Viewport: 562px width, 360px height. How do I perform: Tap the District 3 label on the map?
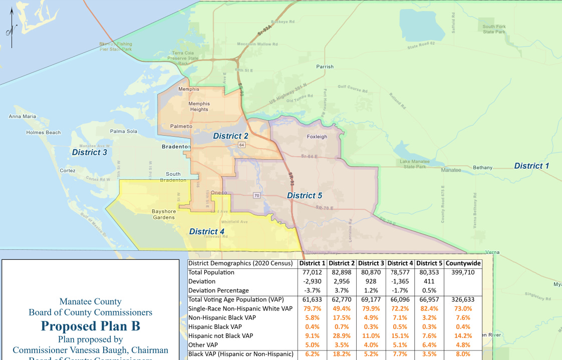89,152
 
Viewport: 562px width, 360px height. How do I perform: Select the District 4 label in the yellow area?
207,231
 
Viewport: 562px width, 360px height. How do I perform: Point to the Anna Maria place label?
23,117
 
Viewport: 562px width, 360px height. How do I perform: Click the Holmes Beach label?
44,133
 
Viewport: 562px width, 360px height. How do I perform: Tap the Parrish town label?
325,67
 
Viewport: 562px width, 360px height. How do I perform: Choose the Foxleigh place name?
316,136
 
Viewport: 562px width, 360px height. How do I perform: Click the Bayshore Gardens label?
164,214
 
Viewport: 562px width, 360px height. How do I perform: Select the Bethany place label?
482,168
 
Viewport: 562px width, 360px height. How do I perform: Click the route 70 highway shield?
256,195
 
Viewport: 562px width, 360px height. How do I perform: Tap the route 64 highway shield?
241,145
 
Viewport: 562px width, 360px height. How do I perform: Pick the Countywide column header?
463,263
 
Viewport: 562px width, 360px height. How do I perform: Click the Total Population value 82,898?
342,272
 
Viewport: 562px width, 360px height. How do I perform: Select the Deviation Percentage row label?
219,290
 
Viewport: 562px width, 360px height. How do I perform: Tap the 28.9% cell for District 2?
342,336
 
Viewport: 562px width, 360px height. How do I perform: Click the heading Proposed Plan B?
90,326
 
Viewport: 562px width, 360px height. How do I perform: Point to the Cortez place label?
67,171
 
